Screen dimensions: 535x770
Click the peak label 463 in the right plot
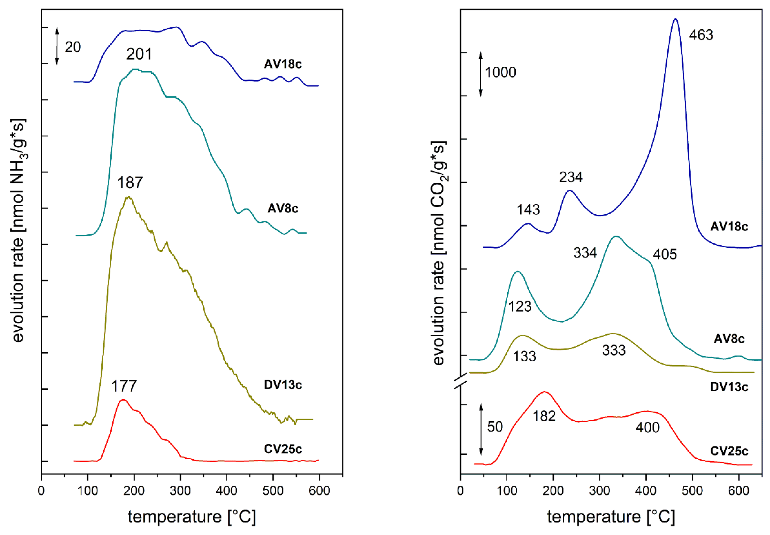[701, 35]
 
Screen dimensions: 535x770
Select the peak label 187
[130, 183]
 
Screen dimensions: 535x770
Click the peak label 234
[570, 177]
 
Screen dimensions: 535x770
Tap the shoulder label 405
[665, 255]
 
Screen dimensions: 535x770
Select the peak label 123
[520, 306]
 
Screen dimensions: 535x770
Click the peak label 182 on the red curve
[544, 416]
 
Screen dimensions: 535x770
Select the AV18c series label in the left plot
[283, 64]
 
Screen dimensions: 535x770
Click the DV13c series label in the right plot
[729, 387]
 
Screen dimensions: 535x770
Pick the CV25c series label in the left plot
[283, 449]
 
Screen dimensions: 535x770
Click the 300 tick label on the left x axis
[180, 491]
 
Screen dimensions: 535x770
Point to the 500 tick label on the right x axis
[692, 491]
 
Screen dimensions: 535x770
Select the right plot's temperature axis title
[611, 517]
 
